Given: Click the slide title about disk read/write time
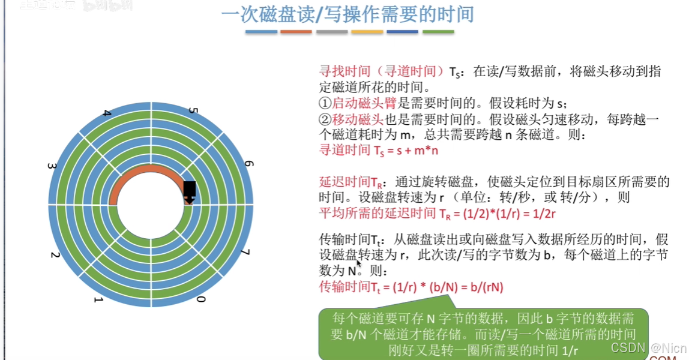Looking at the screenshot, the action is tap(348, 14).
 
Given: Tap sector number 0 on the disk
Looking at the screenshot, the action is tap(202, 298).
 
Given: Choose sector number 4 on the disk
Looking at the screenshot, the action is tap(107, 113).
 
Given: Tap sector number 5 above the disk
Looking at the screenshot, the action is tap(193, 112).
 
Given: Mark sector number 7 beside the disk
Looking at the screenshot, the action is tap(245, 252).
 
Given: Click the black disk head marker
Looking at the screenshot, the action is tap(190, 191).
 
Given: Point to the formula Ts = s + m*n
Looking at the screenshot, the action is tap(378, 151).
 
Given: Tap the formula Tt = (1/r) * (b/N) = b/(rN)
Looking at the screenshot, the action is tap(411, 287).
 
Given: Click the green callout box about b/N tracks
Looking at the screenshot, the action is tap(483, 333).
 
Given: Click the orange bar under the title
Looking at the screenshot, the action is tap(296, 32).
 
